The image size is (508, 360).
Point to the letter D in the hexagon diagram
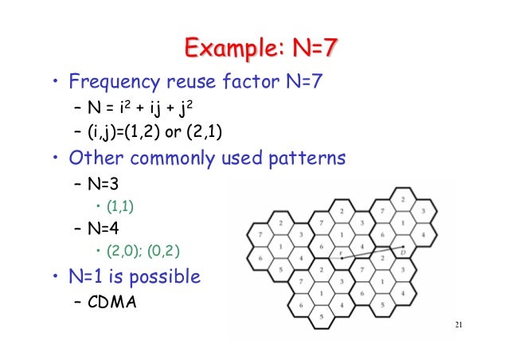click(x=404, y=253)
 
